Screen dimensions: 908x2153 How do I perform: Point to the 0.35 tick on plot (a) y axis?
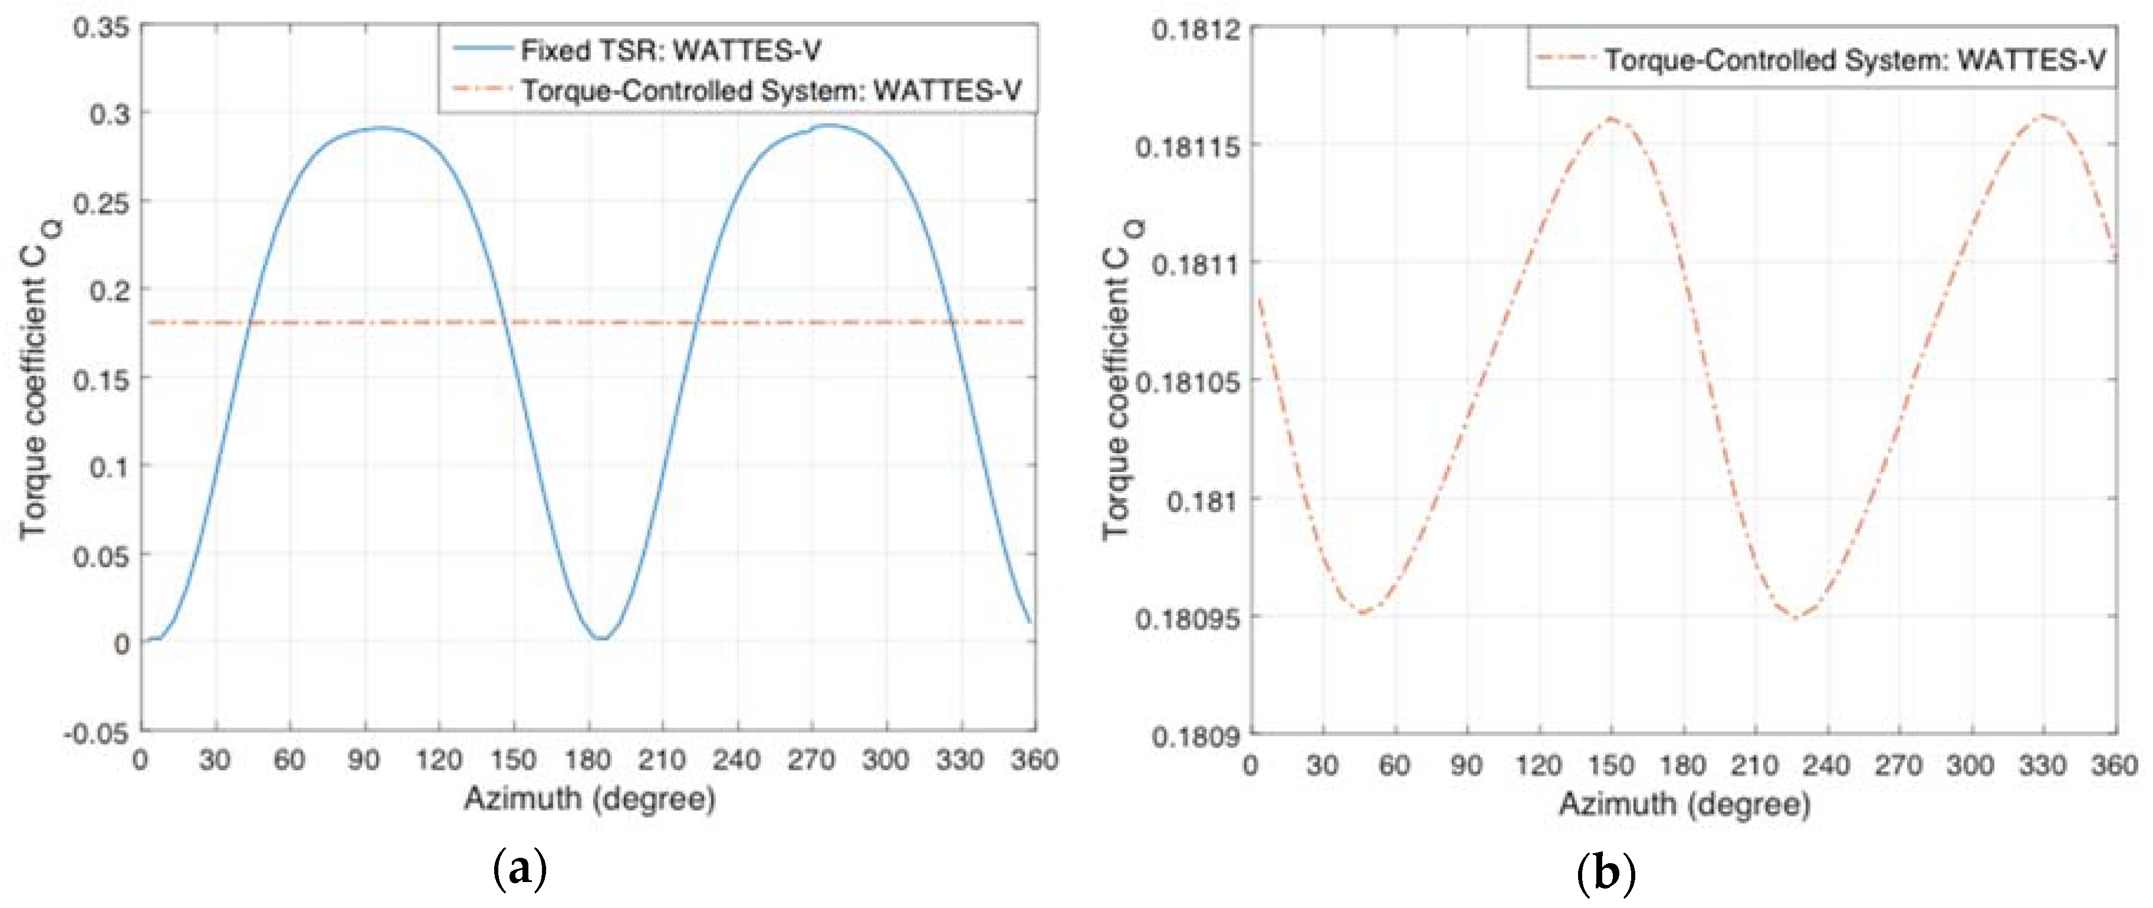pos(101,28)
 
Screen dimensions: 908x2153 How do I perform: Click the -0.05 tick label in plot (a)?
pos(96,733)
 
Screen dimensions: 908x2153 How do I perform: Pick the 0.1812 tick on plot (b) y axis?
pos(1195,30)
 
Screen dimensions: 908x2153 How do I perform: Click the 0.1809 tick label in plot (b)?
pos(1195,736)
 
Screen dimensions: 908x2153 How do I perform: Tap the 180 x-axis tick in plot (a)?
pos(587,760)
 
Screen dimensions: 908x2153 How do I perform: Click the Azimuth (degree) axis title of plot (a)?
pos(589,799)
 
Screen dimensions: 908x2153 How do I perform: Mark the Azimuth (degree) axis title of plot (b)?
pos(1684,804)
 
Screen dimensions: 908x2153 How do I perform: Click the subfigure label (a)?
pos(520,870)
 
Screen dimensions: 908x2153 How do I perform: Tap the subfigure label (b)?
pos(1605,873)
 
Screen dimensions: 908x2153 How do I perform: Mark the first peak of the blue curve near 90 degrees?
pos(381,128)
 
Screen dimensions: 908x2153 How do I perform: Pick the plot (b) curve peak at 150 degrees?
pos(1610,119)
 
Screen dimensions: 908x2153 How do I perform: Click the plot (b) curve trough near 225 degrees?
pos(1795,618)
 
